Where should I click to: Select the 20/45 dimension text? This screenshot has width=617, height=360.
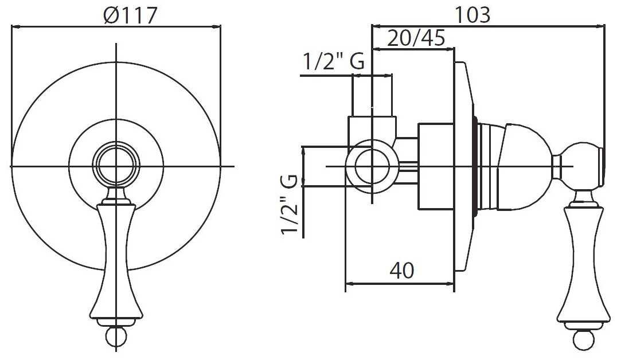click(417, 38)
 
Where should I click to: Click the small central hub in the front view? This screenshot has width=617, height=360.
click(116, 166)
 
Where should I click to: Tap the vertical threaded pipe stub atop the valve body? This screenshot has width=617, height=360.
click(373, 95)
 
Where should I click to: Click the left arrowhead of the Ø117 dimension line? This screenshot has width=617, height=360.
click(15, 26)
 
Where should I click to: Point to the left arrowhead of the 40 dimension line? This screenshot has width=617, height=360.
click(348, 283)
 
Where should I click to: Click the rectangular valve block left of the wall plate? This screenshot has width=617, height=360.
click(436, 166)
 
